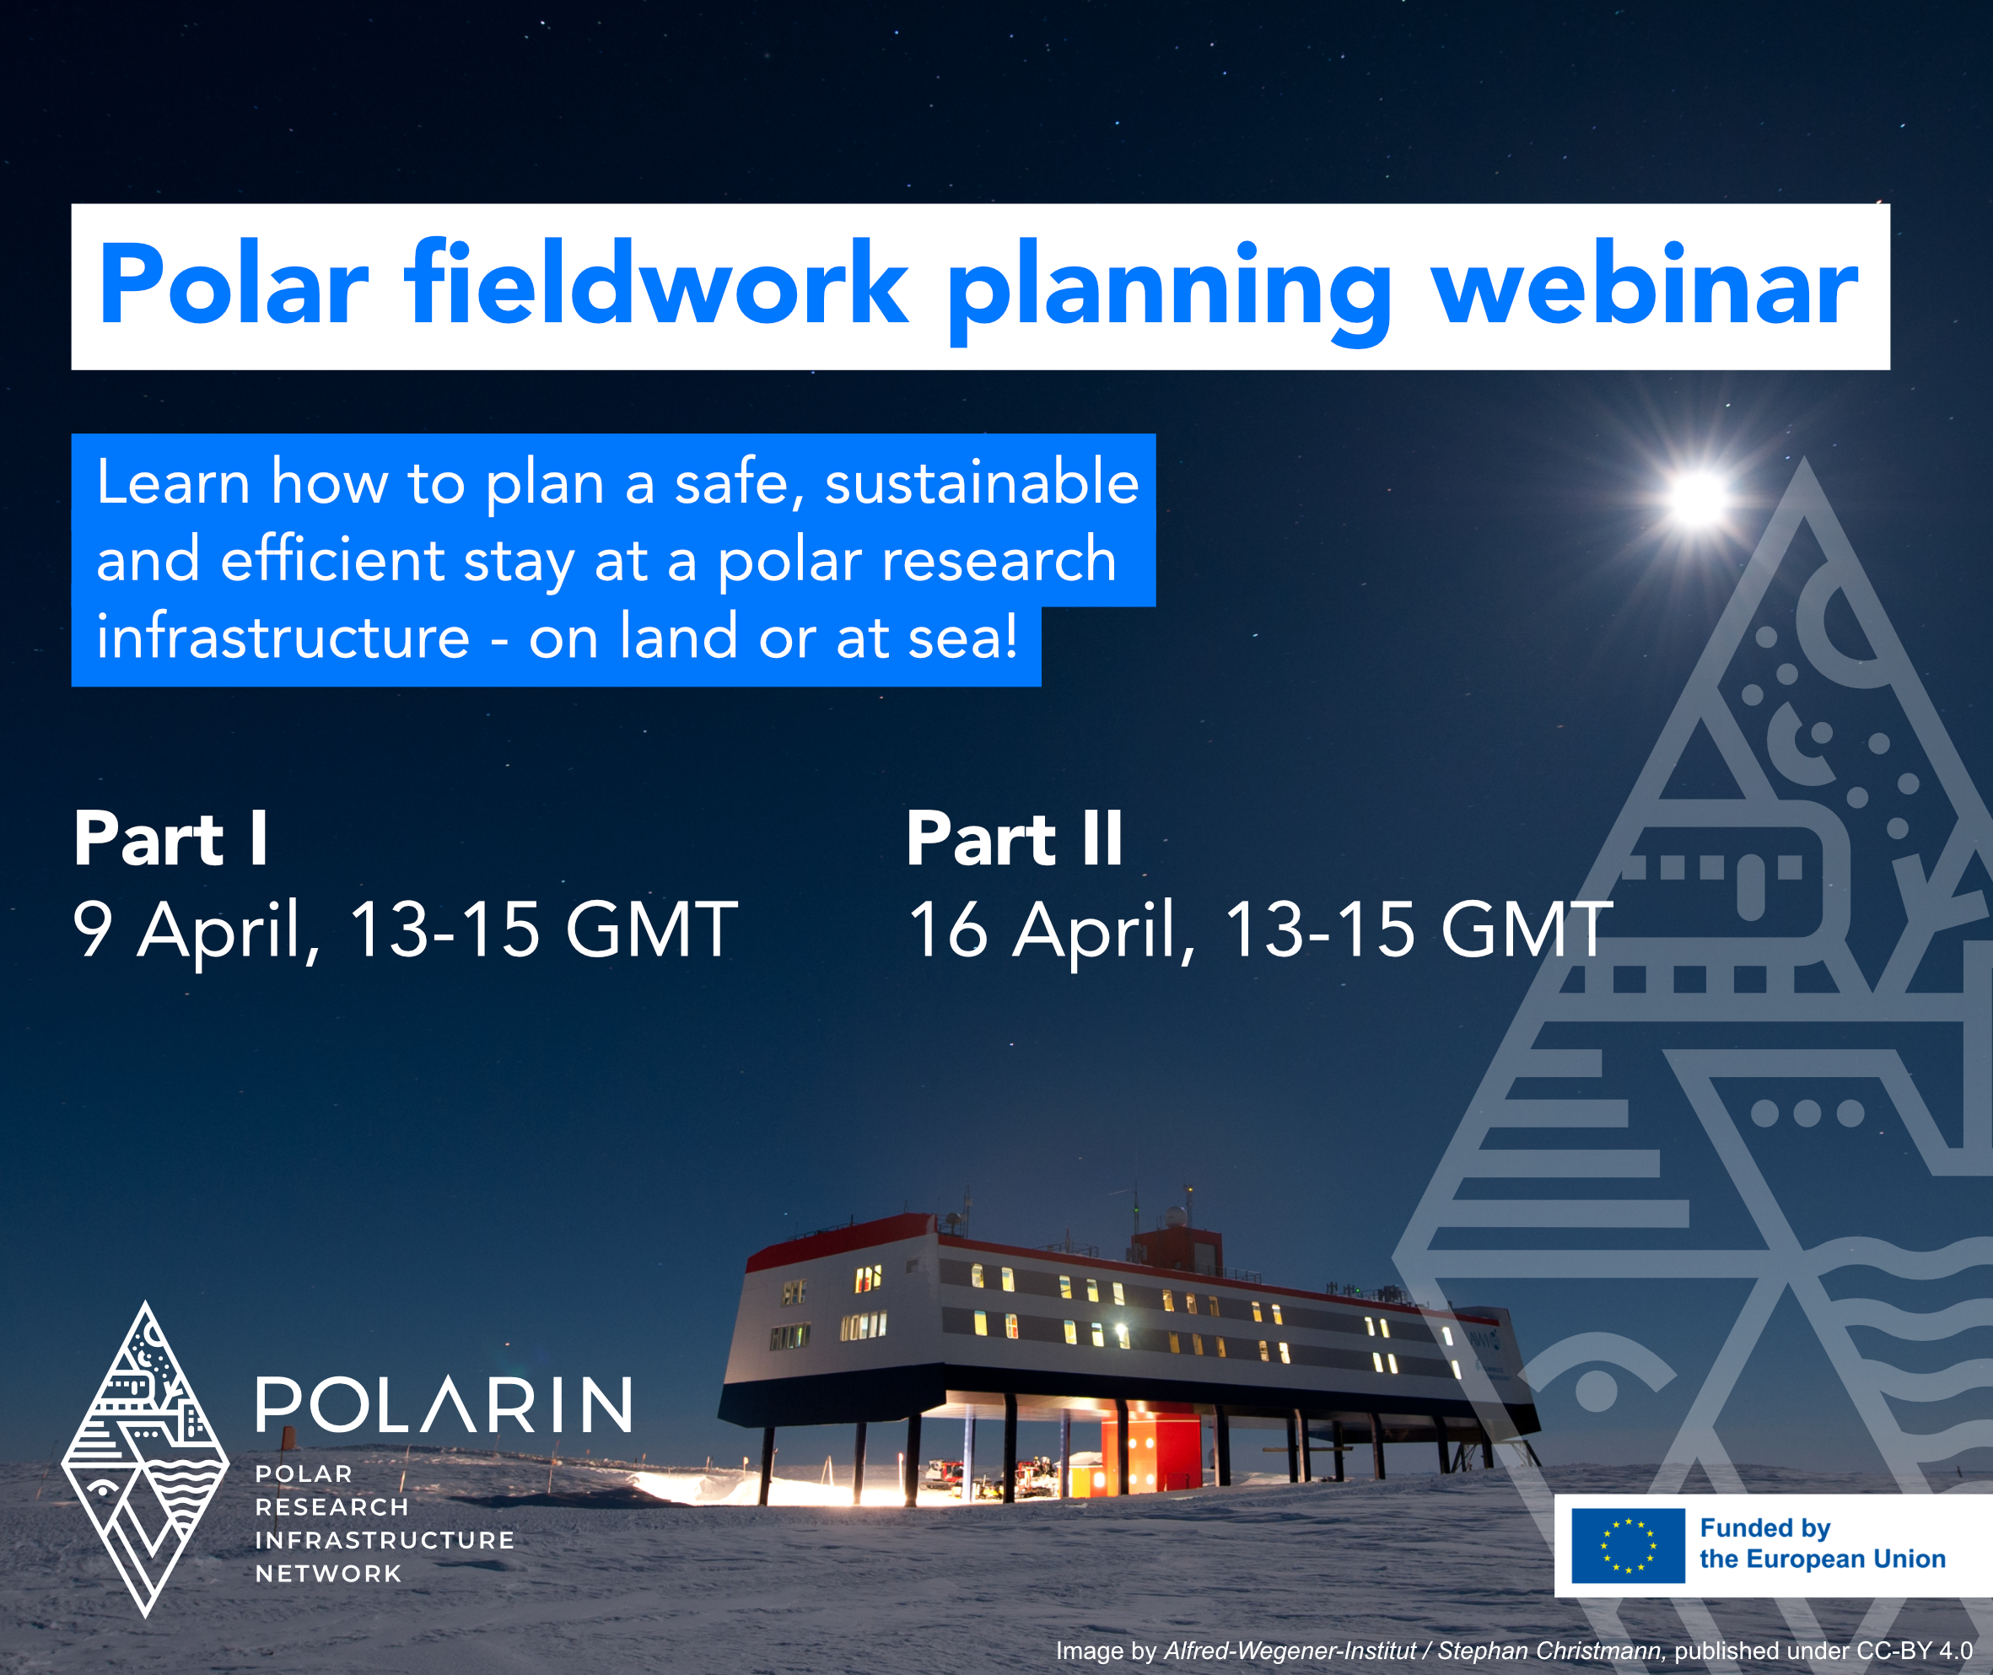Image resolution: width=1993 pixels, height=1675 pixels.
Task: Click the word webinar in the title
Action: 1644,286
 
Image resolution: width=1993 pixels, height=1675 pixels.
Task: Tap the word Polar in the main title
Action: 233,286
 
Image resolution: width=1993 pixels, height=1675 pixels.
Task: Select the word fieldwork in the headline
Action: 655,286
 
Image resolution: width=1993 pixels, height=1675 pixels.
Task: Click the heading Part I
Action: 171,839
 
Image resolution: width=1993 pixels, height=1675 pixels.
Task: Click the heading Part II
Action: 1014,839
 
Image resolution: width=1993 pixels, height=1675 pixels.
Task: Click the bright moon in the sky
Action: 1698,497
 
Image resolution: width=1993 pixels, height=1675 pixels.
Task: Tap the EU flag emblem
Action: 1628,1546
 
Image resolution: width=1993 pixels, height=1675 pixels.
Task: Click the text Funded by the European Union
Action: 1821,1545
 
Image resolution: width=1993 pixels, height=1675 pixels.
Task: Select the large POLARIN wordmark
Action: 444,1405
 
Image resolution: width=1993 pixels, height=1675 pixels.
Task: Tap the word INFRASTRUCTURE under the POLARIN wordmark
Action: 385,1540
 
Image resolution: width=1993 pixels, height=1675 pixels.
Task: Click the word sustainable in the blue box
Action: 981,482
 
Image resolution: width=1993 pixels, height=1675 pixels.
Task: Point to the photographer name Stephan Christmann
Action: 1550,1651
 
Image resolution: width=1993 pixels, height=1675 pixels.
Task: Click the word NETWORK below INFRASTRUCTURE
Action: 329,1574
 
